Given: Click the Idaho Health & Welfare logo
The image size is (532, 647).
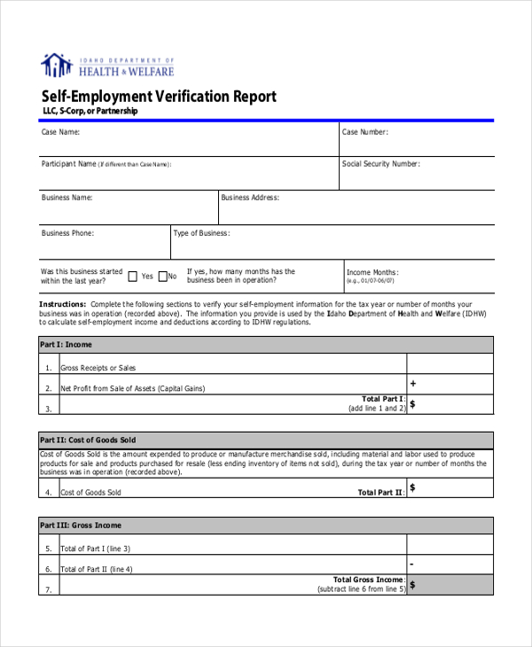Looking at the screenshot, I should (x=107, y=66).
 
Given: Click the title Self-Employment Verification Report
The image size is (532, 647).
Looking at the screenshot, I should (x=159, y=96).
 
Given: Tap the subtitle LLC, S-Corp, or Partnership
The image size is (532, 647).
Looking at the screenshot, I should (x=90, y=112).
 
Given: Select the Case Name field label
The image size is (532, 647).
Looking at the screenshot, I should (x=60, y=132).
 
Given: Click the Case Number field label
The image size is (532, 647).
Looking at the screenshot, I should (x=365, y=132).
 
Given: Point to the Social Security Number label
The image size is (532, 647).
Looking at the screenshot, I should (x=381, y=164).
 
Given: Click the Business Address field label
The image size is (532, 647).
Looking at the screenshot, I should (x=250, y=198).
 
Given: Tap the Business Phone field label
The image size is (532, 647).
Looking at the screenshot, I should (x=67, y=233).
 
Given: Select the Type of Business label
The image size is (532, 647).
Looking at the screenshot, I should (x=201, y=233).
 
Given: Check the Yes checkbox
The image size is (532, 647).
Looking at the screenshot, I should (x=133, y=276).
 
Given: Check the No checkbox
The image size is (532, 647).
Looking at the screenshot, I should (x=161, y=276).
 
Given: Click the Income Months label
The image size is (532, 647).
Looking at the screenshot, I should (x=372, y=272).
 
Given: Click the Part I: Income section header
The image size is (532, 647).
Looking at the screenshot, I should (x=66, y=344).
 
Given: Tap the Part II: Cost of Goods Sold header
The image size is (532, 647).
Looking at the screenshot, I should (x=88, y=440).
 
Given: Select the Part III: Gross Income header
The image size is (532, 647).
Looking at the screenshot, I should (x=81, y=525).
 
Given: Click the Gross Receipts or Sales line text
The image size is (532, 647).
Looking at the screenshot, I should (x=98, y=367).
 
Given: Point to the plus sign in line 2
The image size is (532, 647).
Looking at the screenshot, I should (x=412, y=384).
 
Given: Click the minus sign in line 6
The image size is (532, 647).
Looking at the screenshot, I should (x=412, y=564).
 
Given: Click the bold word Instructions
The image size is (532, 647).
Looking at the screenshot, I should (x=62, y=303).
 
